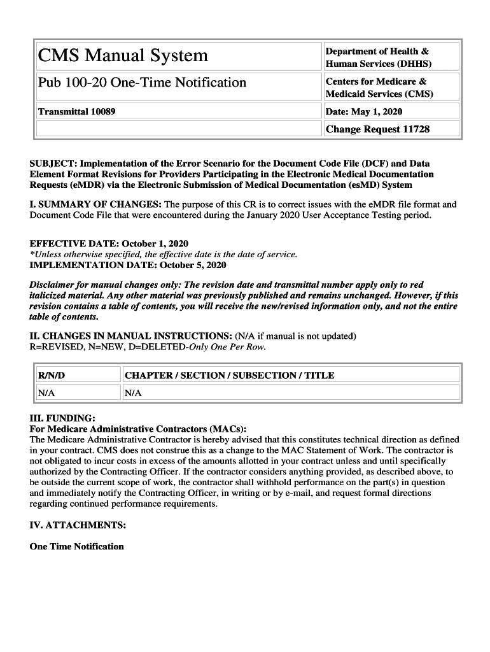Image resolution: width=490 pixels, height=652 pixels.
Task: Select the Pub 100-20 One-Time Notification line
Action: [x=142, y=83]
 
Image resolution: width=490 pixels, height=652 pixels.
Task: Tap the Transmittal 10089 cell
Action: [x=77, y=111]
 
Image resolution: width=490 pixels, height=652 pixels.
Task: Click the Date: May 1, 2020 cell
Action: [x=364, y=111]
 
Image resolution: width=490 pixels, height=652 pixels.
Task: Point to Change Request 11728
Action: [x=377, y=129]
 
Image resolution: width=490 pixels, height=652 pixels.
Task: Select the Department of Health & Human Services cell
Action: [x=378, y=57]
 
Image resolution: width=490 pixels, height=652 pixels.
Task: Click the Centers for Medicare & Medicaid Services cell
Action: [x=379, y=87]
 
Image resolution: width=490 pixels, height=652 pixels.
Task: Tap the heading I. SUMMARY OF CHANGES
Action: [x=95, y=204]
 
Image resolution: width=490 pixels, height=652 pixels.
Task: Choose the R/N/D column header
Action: [x=52, y=375]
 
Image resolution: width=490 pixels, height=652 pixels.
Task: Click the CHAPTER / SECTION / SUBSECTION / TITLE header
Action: [x=230, y=375]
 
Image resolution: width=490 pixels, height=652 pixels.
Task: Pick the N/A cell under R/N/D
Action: [x=46, y=393]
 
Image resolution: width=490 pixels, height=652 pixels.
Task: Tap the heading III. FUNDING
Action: [x=62, y=418]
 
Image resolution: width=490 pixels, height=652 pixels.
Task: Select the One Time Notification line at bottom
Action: [x=77, y=546]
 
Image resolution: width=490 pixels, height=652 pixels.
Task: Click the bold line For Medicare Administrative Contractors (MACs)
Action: [x=138, y=429]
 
